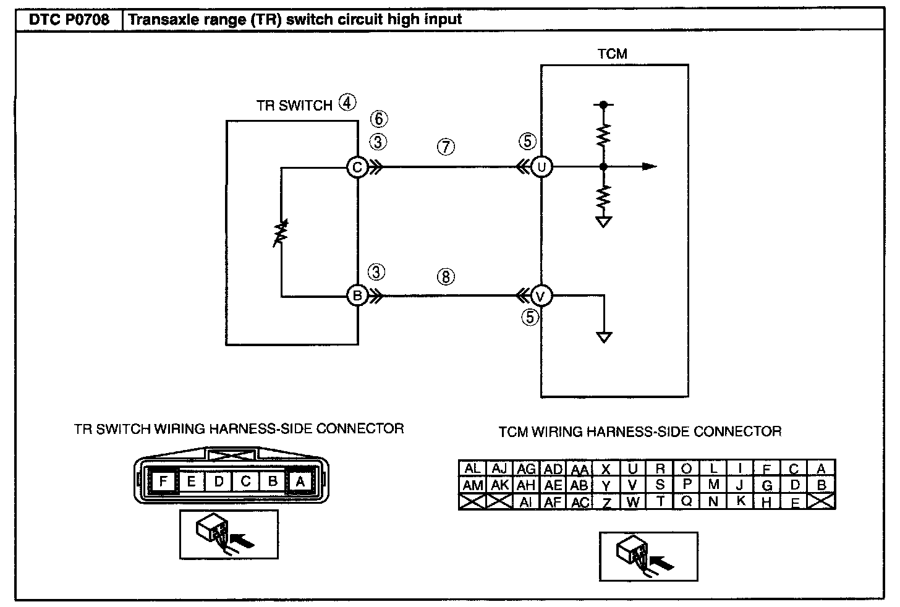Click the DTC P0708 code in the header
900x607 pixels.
pyautogui.click(x=69, y=19)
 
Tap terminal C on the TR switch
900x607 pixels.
pyautogui.click(x=357, y=167)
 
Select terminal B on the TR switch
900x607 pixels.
pyautogui.click(x=357, y=296)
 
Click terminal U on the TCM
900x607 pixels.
pyautogui.click(x=541, y=167)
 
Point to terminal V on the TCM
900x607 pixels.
pyautogui.click(x=541, y=297)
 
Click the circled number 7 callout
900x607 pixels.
pyautogui.click(x=445, y=147)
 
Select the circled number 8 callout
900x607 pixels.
pyautogui.click(x=445, y=276)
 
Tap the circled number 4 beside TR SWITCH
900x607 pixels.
pyautogui.click(x=348, y=103)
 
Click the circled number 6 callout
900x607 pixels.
pyautogui.click(x=378, y=119)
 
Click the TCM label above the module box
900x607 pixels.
pyautogui.click(x=612, y=54)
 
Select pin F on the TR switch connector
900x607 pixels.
pyautogui.click(x=163, y=481)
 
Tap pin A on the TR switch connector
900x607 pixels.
pyautogui.click(x=300, y=481)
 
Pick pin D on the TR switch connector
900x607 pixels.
pyautogui.click(x=219, y=481)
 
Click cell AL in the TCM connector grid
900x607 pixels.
pyautogui.click(x=472, y=469)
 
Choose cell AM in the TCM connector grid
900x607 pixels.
pyautogui.click(x=472, y=486)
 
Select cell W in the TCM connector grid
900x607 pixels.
pyautogui.click(x=632, y=502)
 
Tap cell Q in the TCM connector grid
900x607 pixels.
pyautogui.click(x=686, y=501)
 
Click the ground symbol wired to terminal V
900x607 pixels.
pyautogui.click(x=605, y=337)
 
